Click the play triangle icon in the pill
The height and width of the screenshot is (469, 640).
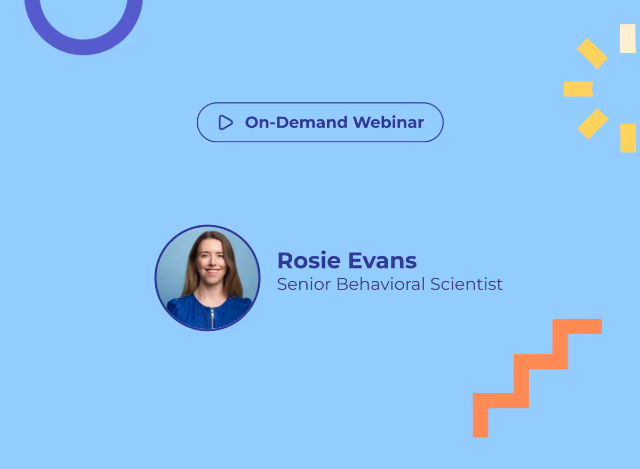[226, 123]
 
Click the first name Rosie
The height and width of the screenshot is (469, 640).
[309, 261]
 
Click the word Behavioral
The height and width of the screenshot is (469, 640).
[380, 284]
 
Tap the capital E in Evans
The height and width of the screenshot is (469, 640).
[355, 261]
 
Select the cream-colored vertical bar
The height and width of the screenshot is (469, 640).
[627, 38]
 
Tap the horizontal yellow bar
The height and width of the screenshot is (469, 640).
[578, 88]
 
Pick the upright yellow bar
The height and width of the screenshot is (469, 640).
[628, 138]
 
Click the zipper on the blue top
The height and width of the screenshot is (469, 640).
[212, 317]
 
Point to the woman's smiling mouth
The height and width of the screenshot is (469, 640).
[212, 272]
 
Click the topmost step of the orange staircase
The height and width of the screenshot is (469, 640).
[578, 326]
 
